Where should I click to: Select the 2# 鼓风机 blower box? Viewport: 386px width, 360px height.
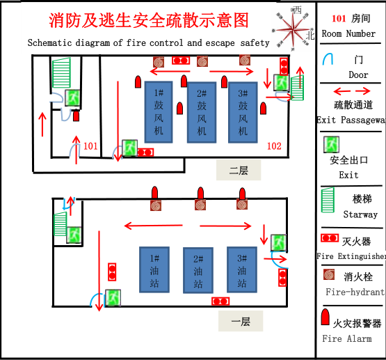(202, 112)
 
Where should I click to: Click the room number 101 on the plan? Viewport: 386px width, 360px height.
(90, 146)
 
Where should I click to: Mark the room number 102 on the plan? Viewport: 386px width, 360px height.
(274, 146)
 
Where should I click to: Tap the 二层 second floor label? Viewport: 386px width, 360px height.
(239, 169)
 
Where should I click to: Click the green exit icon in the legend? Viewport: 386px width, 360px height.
(332, 145)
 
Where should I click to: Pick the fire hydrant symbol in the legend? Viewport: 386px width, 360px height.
(330, 275)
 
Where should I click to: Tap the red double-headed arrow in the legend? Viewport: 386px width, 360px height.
(352, 91)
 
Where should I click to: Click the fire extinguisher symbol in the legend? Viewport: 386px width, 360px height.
(330, 239)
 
